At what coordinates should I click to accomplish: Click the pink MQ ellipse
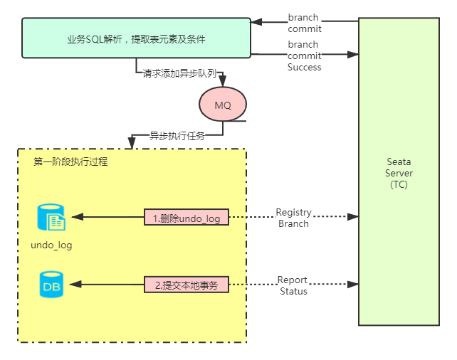[x=222, y=105]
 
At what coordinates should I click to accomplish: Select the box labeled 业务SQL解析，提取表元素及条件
[x=136, y=38]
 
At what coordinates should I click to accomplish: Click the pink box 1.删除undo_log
[x=187, y=218]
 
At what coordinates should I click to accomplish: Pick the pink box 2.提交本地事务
[x=187, y=285]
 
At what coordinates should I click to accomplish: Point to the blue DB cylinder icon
[x=51, y=285]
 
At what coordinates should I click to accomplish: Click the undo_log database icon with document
[x=51, y=218]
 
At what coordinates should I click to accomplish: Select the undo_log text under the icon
[x=51, y=245]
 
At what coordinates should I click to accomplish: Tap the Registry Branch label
[x=293, y=218]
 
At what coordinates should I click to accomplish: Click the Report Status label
[x=293, y=285]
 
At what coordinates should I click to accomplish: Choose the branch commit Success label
[x=304, y=55]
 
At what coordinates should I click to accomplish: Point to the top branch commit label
[x=304, y=22]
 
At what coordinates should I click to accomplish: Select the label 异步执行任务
[x=177, y=135]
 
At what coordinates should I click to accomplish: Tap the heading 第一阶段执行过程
[x=70, y=162]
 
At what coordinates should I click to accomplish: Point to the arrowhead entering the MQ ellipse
[x=222, y=83]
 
